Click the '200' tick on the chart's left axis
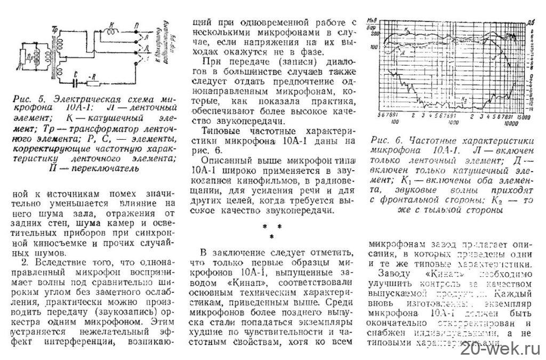point(375,33)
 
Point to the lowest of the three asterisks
point(272,236)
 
